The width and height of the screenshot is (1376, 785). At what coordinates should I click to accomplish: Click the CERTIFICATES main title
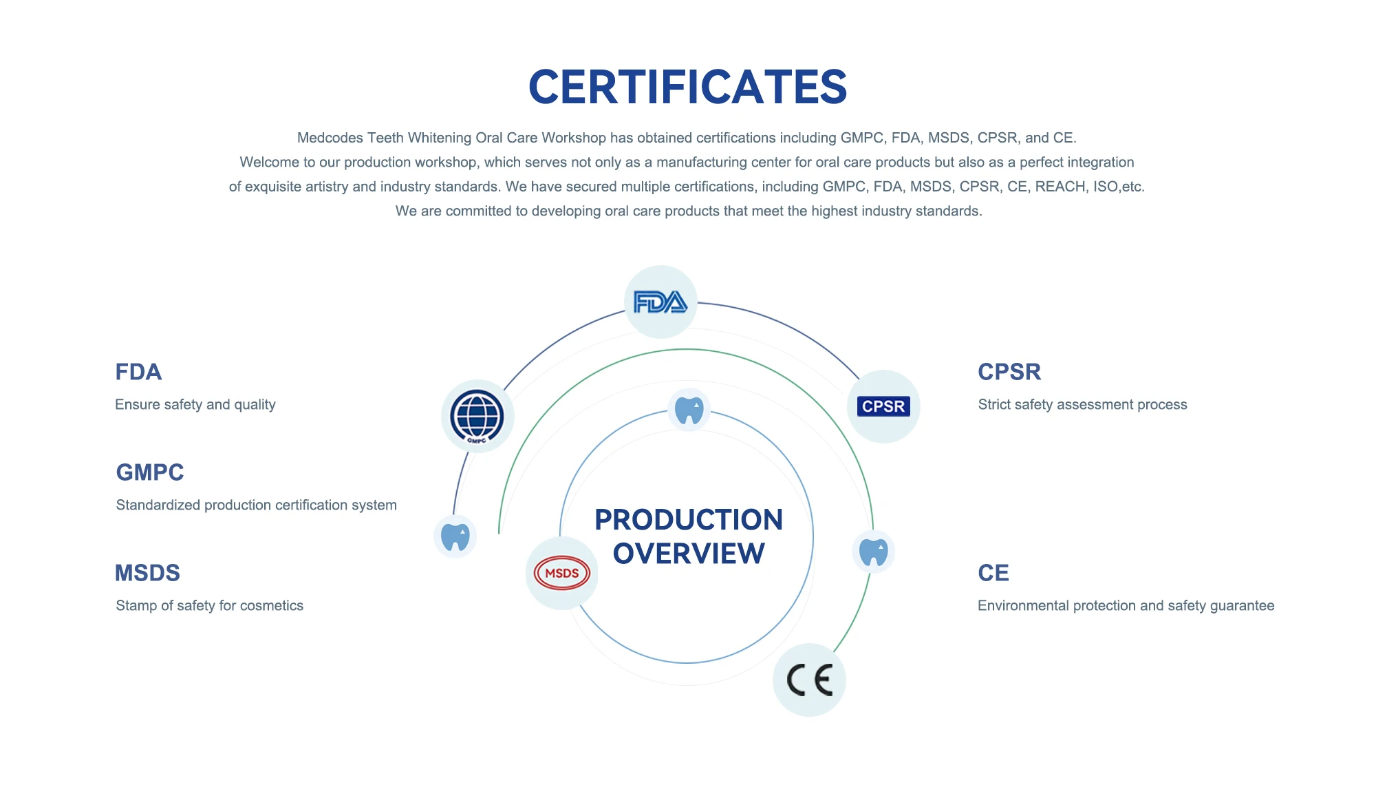click(687, 87)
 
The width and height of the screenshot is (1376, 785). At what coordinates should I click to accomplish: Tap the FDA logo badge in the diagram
click(660, 302)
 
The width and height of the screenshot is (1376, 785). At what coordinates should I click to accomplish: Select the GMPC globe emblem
click(477, 417)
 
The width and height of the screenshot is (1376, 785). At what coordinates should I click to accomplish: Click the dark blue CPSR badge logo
click(883, 406)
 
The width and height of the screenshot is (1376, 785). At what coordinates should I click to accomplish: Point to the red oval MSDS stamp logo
click(561, 573)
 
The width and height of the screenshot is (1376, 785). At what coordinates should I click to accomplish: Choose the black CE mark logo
click(810, 680)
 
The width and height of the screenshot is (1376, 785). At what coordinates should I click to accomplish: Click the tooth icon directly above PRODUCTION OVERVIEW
click(689, 410)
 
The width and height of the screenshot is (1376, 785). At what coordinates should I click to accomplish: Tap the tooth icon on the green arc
click(873, 552)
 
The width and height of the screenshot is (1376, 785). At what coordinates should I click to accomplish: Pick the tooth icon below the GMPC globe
click(455, 536)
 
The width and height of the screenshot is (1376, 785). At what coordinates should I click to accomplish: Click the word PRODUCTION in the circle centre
click(689, 520)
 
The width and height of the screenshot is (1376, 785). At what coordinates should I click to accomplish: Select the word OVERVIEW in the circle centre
click(689, 554)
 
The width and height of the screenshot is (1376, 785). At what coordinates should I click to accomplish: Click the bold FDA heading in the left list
click(138, 372)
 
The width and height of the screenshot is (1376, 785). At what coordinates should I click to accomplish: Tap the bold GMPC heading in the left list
click(150, 472)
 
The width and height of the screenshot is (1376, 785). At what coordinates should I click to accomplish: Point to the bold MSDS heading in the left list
click(147, 573)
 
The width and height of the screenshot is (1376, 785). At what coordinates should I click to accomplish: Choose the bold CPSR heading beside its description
click(1009, 372)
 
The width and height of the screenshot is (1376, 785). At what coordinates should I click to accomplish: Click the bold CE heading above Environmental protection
click(993, 573)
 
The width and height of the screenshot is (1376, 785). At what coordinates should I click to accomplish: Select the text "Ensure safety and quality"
click(195, 404)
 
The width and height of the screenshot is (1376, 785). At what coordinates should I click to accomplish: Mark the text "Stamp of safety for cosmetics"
click(209, 605)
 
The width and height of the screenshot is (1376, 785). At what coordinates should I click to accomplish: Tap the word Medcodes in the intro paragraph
click(330, 138)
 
